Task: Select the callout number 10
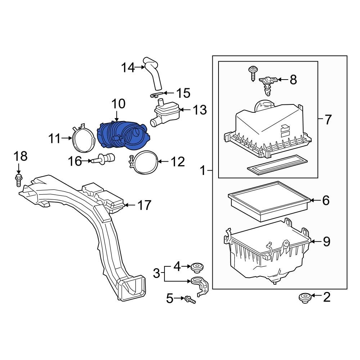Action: pyautogui.click(x=118, y=104)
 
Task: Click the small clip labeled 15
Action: pyautogui.click(x=154, y=95)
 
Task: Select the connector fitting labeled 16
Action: pyautogui.click(x=104, y=159)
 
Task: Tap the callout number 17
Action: pyautogui.click(x=144, y=206)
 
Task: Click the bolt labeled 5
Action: pyautogui.click(x=190, y=299)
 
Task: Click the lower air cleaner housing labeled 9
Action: pyautogui.click(x=268, y=256)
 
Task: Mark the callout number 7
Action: pyautogui.click(x=327, y=120)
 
